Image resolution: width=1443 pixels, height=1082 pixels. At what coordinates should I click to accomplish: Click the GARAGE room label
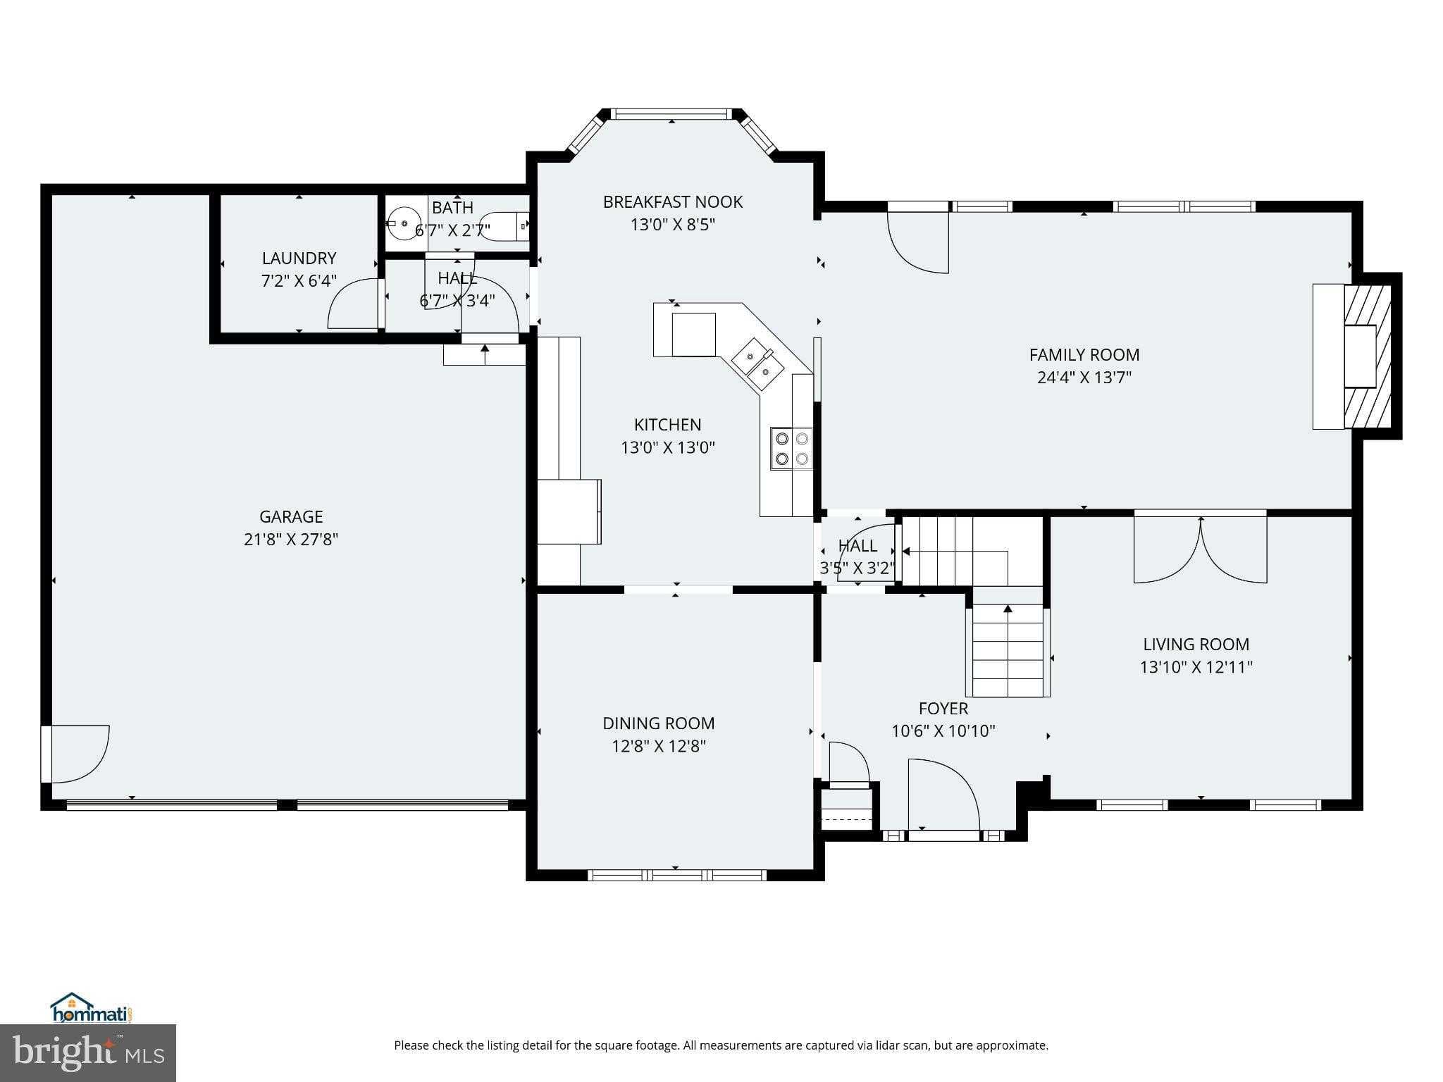[291, 516]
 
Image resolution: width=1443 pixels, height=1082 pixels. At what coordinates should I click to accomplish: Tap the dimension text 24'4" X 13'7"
[1084, 378]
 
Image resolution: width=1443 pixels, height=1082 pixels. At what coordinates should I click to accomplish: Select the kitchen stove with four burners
[791, 449]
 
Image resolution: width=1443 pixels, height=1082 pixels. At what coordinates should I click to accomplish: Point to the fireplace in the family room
[1365, 356]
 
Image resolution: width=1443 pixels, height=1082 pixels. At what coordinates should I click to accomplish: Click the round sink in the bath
[404, 223]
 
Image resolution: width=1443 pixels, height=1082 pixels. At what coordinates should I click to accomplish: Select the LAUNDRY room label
[299, 258]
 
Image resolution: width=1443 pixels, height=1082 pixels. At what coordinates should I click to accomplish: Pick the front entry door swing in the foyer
[943, 796]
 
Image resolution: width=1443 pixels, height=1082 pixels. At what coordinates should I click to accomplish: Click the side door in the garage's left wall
[76, 754]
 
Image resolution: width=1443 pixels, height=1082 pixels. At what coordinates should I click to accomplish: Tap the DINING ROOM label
[658, 723]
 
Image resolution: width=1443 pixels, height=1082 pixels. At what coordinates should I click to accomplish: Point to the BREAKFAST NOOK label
[672, 202]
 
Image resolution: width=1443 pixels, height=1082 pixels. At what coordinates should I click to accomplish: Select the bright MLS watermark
[88, 1053]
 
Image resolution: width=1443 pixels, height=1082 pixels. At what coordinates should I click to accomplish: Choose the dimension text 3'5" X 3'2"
[857, 568]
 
